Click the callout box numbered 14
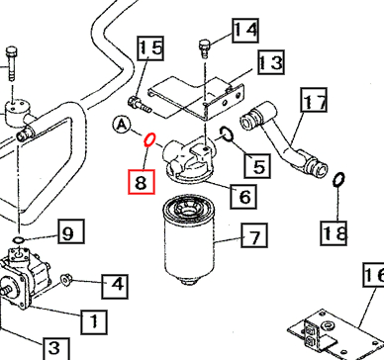point(244,31)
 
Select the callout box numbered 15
point(150,47)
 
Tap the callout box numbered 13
point(270,64)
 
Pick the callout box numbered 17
point(315,101)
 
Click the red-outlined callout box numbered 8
point(143,182)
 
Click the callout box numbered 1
point(92,319)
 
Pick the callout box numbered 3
point(54,347)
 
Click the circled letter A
point(122,124)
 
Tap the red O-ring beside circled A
point(148,140)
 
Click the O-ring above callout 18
point(337,180)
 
